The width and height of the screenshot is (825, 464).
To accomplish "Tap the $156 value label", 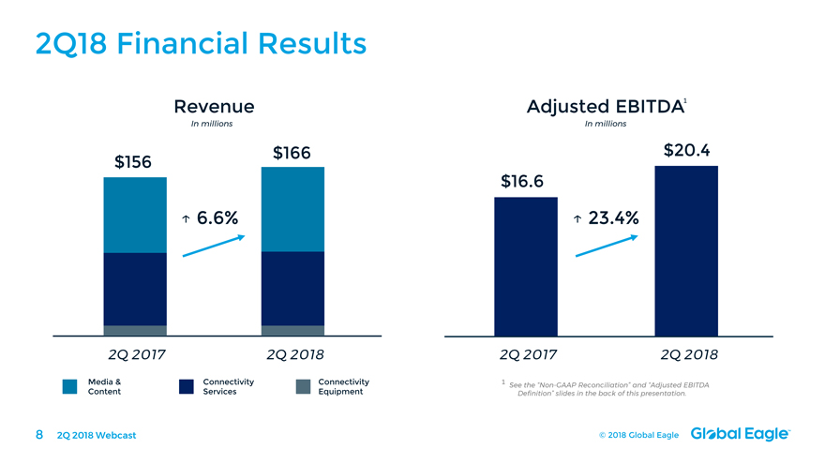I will click(x=134, y=161).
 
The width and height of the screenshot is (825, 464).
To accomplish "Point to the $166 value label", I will click(x=292, y=153).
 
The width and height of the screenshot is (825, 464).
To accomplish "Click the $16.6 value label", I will click(x=524, y=181).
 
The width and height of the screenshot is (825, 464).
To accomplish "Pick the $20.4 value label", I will click(x=686, y=150).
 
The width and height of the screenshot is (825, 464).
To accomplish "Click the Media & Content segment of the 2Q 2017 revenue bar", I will click(x=135, y=215).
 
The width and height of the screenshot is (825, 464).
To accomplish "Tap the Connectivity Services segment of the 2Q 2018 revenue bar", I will click(x=292, y=289).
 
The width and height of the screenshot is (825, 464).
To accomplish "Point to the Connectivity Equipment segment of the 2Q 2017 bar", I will click(x=135, y=330).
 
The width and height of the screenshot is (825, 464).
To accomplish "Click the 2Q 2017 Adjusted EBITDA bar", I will click(x=525, y=266).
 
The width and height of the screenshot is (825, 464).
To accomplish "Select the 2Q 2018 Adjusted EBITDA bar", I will click(x=686, y=250).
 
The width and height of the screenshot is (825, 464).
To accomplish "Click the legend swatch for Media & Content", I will click(x=69, y=386).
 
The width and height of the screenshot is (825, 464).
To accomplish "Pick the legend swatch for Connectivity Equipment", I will click(x=302, y=386).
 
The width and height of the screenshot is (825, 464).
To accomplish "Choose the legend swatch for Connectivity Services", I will click(x=186, y=386).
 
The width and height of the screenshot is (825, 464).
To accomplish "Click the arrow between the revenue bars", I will click(x=214, y=246).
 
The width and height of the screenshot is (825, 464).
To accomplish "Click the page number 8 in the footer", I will click(x=39, y=434).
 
